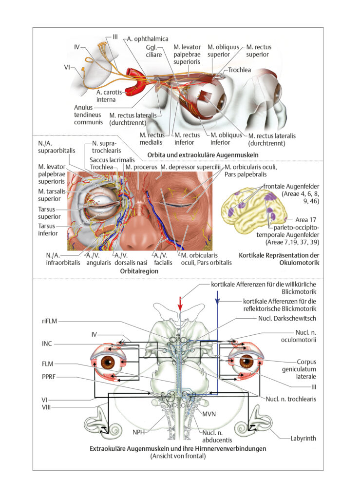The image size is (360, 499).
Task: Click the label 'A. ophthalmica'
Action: pos(148,39)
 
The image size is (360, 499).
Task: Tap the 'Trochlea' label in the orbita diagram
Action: pos(240,70)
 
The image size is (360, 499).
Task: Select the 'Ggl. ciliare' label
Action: pos(154,51)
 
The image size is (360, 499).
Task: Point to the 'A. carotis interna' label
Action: pos(109,96)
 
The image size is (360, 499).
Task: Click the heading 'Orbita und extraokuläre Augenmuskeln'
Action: pos(203,155)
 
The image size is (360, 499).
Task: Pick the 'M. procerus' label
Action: pos(141,167)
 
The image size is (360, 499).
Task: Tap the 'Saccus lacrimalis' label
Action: pos(112,160)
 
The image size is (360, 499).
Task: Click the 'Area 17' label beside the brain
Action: pos(305,220)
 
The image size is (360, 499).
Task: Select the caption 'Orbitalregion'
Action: pos(139,271)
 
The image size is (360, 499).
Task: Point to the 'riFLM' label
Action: pos(50,321)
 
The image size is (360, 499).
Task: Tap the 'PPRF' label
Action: pos(49,377)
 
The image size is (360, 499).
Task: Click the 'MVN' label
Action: pos(209,414)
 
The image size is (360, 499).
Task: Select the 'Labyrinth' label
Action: pos(303,438)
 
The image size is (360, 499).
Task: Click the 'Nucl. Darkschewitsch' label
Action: pos(287,318)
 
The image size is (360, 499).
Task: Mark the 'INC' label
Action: pos(47,344)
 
